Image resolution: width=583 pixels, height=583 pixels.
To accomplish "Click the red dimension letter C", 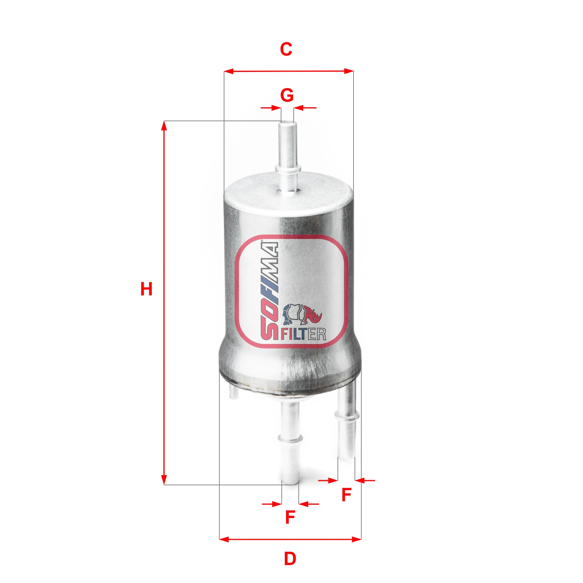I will click(x=286, y=49).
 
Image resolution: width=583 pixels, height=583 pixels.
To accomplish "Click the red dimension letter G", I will click(x=287, y=95).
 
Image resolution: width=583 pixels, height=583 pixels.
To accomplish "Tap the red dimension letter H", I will click(x=146, y=289).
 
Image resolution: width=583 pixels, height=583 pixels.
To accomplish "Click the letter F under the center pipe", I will click(x=290, y=517).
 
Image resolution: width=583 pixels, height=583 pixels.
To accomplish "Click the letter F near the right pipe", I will click(x=346, y=495).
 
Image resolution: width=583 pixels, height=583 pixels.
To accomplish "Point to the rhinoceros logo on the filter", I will click(x=302, y=314).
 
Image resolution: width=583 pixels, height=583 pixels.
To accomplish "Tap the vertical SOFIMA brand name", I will click(x=269, y=290).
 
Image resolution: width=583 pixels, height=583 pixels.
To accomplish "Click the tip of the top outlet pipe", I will click(x=287, y=123).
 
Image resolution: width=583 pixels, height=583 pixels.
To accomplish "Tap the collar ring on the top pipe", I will click(x=288, y=168).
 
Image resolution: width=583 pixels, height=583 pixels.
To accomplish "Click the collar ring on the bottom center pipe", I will click(x=290, y=438).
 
